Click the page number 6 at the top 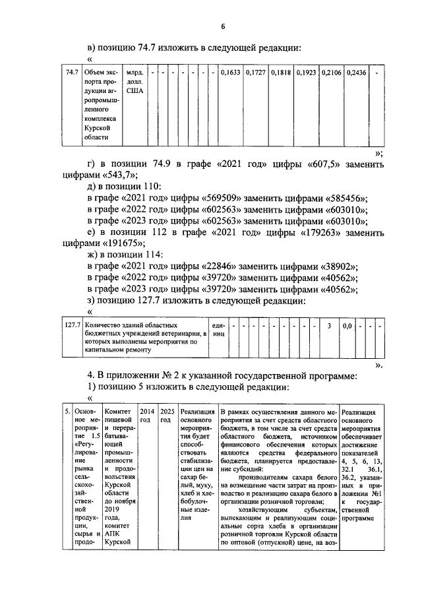point(223,26)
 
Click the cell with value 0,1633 point(230,73)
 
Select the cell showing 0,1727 point(255,73)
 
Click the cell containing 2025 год point(167,415)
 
